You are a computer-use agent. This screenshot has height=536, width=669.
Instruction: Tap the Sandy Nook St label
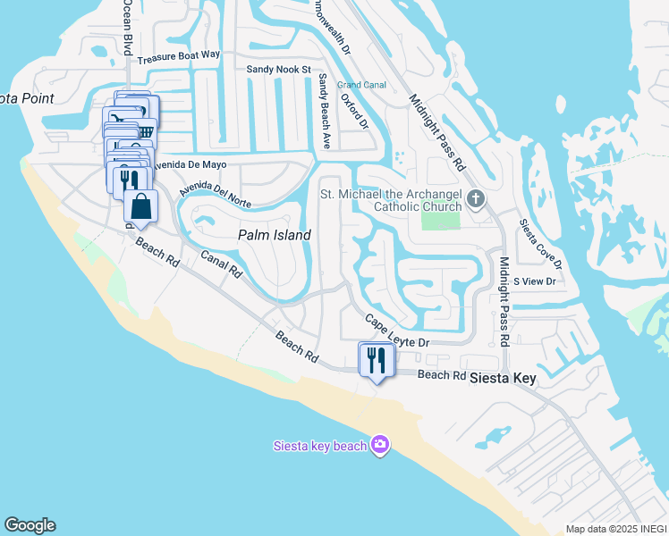pos(278,69)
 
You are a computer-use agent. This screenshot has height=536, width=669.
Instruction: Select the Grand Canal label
pos(360,85)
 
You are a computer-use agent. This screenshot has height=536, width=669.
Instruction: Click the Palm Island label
pos(274,235)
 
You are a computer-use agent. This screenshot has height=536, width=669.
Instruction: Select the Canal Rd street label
pos(222,263)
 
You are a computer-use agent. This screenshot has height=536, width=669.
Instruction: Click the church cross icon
pos(475,198)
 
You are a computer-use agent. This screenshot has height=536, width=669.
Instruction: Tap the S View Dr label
pos(534,281)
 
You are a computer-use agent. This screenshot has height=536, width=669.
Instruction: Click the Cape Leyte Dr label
pos(397,331)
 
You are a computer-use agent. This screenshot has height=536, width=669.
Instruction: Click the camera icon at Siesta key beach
pos(380,444)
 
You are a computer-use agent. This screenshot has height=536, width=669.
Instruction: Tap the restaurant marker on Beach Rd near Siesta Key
pos(376,360)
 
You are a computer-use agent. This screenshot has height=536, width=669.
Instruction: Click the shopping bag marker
pos(141,207)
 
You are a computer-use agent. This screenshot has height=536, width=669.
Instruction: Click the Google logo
pos(30,525)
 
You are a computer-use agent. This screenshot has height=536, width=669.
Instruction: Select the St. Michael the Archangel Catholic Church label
pos(390,201)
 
